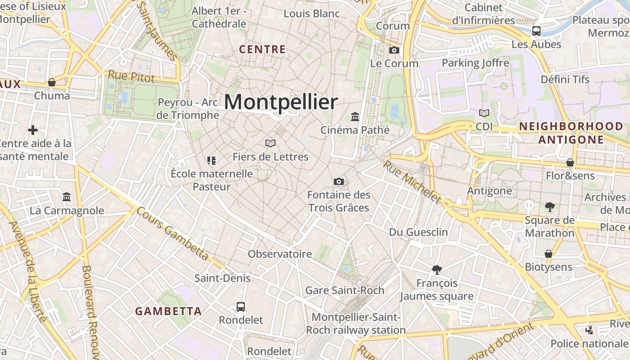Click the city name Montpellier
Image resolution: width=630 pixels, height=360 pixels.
tap(281, 102)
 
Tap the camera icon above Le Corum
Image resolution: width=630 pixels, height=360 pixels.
tap(394, 50)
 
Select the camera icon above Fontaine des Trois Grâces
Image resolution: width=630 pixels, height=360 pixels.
tap(339, 181)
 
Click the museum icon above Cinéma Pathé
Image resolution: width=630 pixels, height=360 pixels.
tap(355, 117)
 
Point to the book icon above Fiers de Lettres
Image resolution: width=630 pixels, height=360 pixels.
tap(270, 143)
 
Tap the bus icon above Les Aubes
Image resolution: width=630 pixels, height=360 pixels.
tap(536, 31)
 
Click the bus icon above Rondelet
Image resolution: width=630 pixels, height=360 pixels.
tap(241, 307)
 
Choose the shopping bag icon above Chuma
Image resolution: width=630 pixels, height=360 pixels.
tap(52, 82)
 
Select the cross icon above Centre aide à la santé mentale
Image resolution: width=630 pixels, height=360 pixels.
tap(33, 130)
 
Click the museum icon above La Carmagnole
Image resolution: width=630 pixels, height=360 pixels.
tap(67, 197)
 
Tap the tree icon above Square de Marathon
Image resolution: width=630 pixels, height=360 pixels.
tap(549, 207)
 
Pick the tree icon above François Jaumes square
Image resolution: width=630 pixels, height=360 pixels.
tap(436, 270)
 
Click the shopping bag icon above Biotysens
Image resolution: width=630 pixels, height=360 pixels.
tap(548, 254)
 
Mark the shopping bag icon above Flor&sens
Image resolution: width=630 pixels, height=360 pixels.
tap(570, 162)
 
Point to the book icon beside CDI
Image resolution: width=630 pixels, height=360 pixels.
tap(484, 113)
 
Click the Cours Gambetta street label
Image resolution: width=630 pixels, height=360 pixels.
tap(173, 234)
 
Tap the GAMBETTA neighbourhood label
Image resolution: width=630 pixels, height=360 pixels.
tap(168, 311)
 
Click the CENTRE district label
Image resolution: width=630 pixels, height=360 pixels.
tap(262, 49)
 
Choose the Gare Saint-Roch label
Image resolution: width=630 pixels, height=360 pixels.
tap(345, 290)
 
